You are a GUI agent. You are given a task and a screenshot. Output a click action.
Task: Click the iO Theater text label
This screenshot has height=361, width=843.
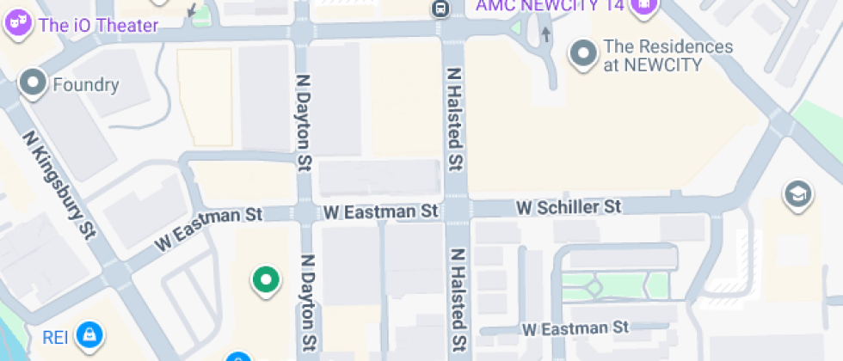pyautogui.click(x=99, y=24)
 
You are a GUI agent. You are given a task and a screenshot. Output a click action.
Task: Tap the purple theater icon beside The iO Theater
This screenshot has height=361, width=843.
pyautogui.click(x=16, y=22)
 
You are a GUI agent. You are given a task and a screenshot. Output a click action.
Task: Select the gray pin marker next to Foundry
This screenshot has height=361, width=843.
pyautogui.click(x=34, y=83)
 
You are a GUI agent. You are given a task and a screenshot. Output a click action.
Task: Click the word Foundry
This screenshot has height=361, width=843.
pyautogui.click(x=86, y=85)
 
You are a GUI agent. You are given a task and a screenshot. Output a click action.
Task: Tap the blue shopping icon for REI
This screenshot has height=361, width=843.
pyautogui.click(x=88, y=333)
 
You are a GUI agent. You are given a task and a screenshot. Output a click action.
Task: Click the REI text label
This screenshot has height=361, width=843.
pyautogui.click(x=56, y=335)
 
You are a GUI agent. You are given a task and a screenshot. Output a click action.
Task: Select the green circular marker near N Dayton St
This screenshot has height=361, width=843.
pyautogui.click(x=266, y=279)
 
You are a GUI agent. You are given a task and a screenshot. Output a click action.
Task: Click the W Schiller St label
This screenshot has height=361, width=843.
pyautogui.click(x=568, y=207)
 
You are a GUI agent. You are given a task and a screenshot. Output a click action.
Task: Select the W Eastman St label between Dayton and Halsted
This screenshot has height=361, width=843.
pyautogui.click(x=381, y=211)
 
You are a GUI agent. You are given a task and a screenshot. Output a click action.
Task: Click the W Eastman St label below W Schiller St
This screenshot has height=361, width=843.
pyautogui.click(x=576, y=327)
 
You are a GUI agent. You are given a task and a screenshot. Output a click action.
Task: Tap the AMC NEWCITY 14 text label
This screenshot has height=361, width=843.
pyautogui.click(x=550, y=5)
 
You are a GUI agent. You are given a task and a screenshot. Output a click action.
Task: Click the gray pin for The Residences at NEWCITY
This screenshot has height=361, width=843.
pyautogui.click(x=585, y=53)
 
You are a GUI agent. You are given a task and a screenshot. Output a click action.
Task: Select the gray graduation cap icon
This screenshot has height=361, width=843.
pyautogui.click(x=796, y=195)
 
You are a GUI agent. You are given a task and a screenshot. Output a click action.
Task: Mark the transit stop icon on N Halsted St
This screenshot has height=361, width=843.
pyautogui.click(x=440, y=9)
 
